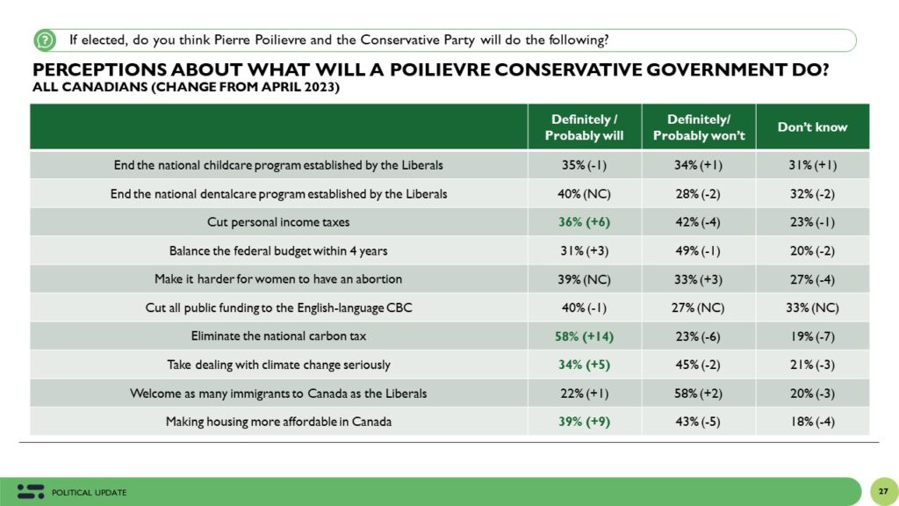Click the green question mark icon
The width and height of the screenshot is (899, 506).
(x=45, y=40)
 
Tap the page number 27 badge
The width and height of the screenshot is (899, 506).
(x=882, y=490)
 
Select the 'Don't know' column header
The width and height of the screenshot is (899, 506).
(x=812, y=127)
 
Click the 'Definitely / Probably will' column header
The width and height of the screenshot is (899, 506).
(x=584, y=127)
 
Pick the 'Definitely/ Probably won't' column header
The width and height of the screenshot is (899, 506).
(x=699, y=127)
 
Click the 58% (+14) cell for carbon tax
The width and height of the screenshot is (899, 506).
(x=584, y=336)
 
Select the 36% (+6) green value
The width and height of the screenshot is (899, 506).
(x=584, y=222)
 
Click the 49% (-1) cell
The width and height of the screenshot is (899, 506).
(x=699, y=251)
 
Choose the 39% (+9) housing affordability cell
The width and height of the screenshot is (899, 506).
(x=584, y=422)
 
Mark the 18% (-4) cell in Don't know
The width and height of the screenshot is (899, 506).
(x=812, y=422)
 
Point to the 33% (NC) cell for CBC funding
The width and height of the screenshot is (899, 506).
(x=812, y=307)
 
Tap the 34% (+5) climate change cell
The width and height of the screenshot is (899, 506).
(x=584, y=365)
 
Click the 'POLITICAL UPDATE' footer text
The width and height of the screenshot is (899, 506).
(x=90, y=492)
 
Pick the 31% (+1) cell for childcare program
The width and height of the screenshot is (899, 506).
(x=812, y=165)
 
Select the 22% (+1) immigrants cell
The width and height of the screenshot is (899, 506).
(x=584, y=393)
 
